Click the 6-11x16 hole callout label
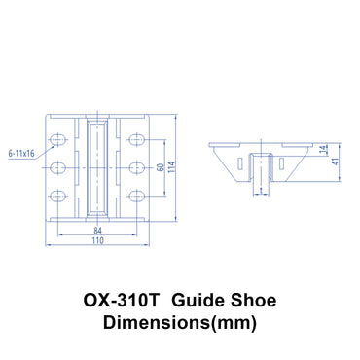coord(20,153)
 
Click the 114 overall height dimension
coord(172,166)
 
